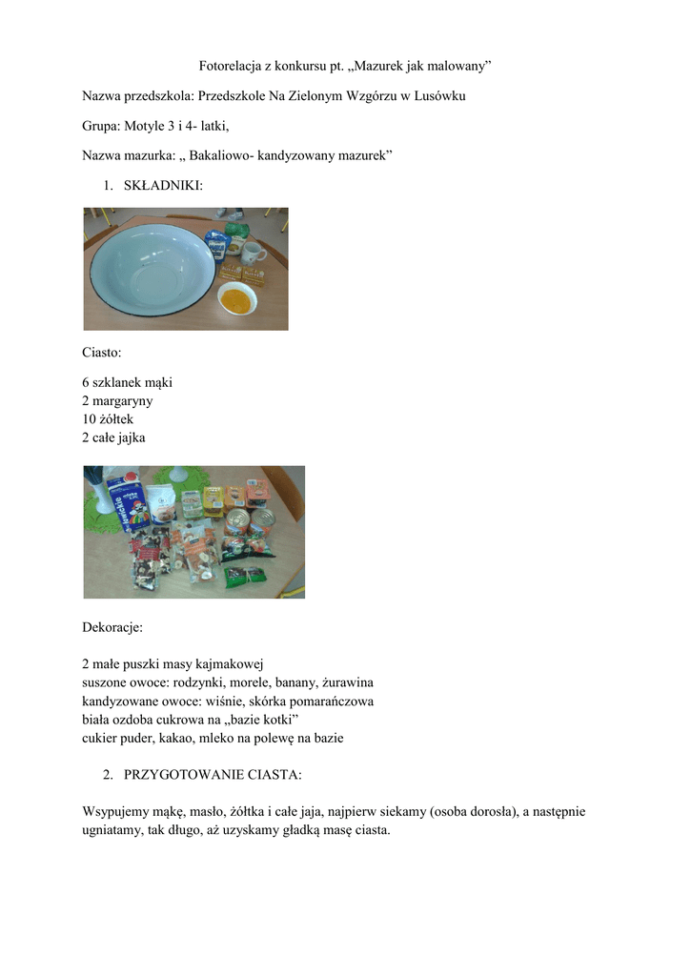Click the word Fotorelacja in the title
(x=229, y=66)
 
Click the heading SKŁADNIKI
(x=163, y=185)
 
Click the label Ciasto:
(x=102, y=353)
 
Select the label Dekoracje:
(x=112, y=627)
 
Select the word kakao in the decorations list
(x=184, y=738)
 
